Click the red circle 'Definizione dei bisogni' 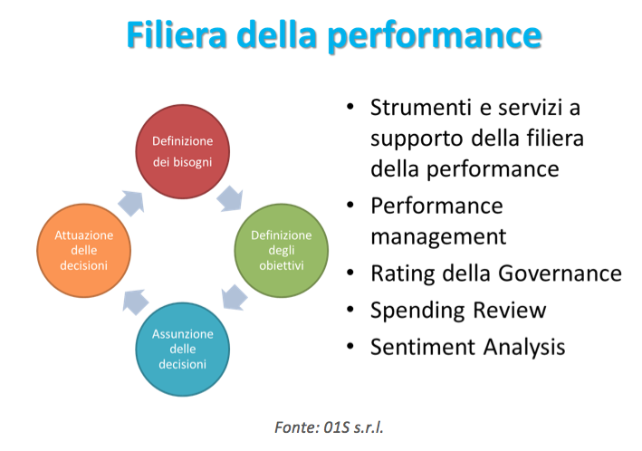pos(183,151)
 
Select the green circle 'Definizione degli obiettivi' pos(282,250)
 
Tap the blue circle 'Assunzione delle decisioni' pos(183,349)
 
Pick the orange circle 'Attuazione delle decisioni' pos(84,250)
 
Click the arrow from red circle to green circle pos(231,199)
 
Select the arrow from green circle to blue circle pos(235,297)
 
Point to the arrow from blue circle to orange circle pos(136,302)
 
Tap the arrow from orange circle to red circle pos(131,203)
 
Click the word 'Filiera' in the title pos(177,34)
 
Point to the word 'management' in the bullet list pos(438,237)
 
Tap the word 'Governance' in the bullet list pos(561,273)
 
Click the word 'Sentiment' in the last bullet pos(423,347)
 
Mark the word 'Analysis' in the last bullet pos(524,348)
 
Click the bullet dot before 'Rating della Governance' pos(350,273)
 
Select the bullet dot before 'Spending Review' pos(350,309)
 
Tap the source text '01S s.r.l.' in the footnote pos(353,427)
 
